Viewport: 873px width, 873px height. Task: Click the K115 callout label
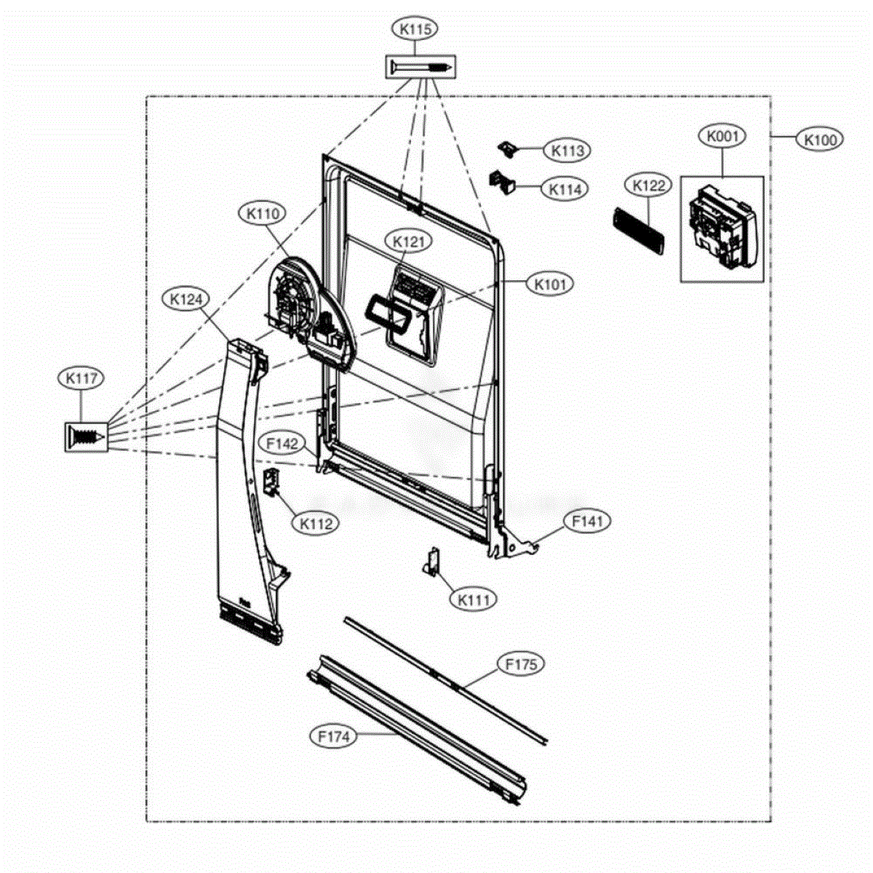pos(415,29)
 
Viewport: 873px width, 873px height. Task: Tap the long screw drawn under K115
pos(421,68)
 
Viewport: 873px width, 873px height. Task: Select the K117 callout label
pos(81,378)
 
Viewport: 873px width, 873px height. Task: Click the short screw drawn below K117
pos(87,436)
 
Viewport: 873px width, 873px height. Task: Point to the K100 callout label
pos(820,140)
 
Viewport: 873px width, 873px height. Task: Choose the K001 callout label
pos(722,136)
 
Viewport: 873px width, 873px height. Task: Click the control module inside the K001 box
pos(722,228)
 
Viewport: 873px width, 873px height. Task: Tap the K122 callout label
pos(648,186)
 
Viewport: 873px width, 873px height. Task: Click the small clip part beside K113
pos(508,148)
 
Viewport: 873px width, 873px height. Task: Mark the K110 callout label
pos(263,213)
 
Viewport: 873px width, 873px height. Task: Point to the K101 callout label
pos(550,284)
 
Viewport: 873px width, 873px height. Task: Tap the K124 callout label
pos(186,299)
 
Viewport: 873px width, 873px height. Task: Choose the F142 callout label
pos(282,444)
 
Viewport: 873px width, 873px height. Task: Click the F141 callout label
pos(588,522)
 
